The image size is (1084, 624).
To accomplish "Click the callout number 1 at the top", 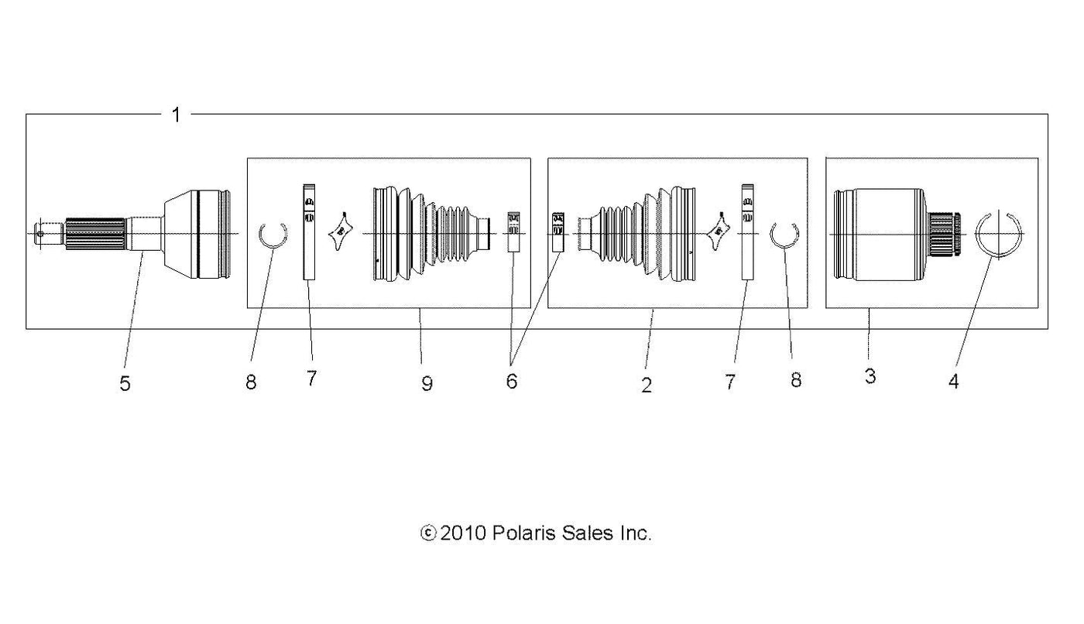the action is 177,115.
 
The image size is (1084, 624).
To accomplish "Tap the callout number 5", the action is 125,383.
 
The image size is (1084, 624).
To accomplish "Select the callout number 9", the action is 427,383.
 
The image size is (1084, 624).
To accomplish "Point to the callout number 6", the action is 512,381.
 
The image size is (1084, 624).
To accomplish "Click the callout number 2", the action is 647,385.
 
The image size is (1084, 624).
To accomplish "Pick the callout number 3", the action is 870,375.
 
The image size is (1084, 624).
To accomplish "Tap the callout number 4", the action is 953,382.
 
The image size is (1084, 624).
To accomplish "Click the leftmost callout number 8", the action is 251,382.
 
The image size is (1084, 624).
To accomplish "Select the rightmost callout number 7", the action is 729,382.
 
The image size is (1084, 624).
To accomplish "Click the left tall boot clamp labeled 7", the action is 309,232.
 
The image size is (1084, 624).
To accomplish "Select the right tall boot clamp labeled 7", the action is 748,232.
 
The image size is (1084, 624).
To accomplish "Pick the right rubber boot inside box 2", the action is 636,234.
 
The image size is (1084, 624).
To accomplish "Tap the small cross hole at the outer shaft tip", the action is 40,235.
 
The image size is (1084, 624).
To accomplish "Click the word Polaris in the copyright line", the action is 524,533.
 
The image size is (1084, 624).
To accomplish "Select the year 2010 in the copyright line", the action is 463,533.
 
